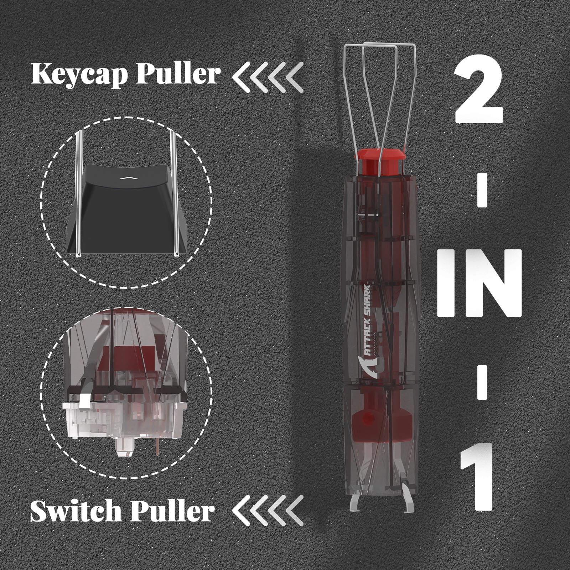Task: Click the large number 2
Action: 478,93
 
